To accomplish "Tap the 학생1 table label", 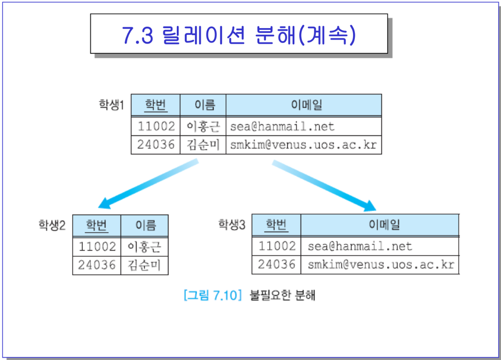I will click(111, 105).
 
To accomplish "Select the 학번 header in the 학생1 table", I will click(156, 105).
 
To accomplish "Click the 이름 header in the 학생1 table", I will click(203, 105).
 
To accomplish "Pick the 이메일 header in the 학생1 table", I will click(304, 105).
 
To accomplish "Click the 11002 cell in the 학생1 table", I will click(156, 126).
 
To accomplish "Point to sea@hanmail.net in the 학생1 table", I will click(282, 126).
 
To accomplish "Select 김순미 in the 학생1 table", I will click(203, 144).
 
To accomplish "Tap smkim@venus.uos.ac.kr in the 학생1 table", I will click(303, 144).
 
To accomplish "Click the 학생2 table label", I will click(52, 225).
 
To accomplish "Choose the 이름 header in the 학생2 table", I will click(145, 225).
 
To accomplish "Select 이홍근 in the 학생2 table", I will click(144, 247).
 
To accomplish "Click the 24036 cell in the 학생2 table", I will click(97, 265).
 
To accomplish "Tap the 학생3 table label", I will click(232, 224).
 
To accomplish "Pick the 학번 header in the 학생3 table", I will click(276, 225).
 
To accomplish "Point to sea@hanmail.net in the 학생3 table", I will click(360, 246).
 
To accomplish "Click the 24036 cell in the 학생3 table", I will click(276, 265).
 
